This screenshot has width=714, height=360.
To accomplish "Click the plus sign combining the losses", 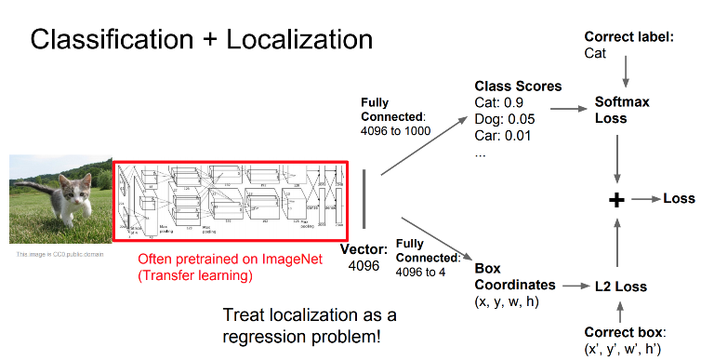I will [x=616, y=200].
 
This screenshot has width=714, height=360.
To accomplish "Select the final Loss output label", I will [x=679, y=199].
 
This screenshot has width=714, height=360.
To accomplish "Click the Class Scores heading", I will [x=518, y=87].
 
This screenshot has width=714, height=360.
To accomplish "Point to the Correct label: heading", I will [x=628, y=37].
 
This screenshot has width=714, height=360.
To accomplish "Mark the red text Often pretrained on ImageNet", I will [x=230, y=259].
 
